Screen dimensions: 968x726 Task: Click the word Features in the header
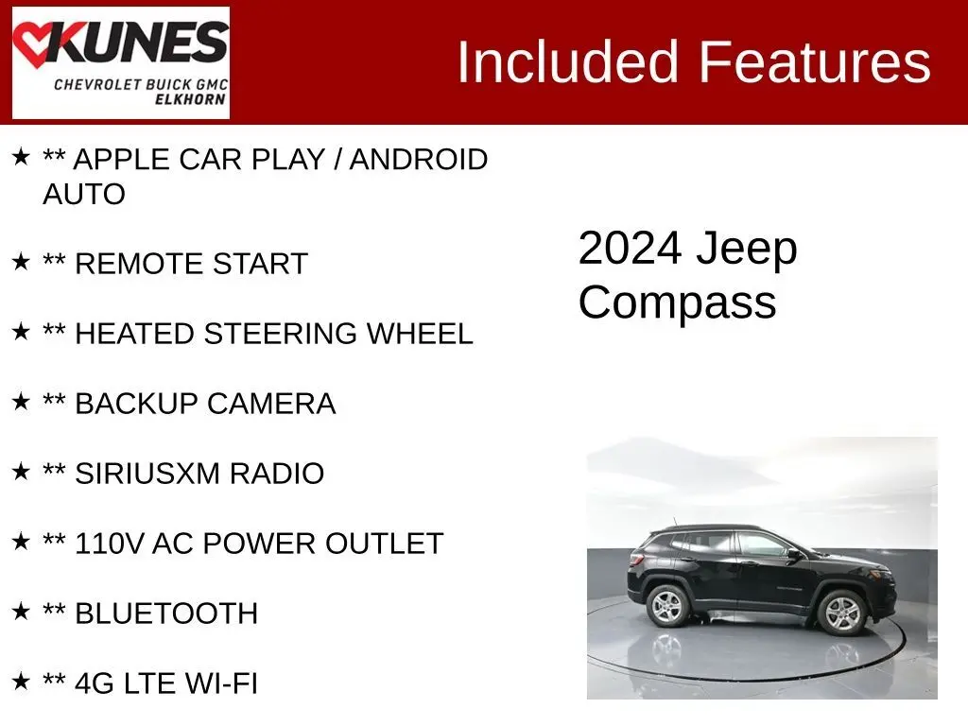pyautogui.click(x=814, y=61)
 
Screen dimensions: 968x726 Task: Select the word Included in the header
pyautogui.click(x=568, y=61)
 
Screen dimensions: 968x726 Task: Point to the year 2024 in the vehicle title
pyautogui.click(x=631, y=249)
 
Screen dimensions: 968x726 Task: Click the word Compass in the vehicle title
pyautogui.click(x=677, y=302)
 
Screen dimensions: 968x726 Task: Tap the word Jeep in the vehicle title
pyautogui.click(x=747, y=250)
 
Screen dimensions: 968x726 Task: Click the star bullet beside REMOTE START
pyautogui.click(x=21, y=261)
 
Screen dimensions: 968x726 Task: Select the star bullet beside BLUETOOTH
pyautogui.click(x=21, y=612)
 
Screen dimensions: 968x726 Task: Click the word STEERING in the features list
pyautogui.click(x=280, y=334)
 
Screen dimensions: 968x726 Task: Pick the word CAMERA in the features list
pyautogui.click(x=271, y=404)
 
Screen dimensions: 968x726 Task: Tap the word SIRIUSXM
pyautogui.click(x=147, y=474)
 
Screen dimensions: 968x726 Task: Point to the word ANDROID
pyautogui.click(x=419, y=159)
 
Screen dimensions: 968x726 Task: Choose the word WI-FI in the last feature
pyautogui.click(x=221, y=683)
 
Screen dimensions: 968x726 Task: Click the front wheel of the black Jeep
pyautogui.click(x=842, y=613)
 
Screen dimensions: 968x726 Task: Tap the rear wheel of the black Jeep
pyautogui.click(x=667, y=606)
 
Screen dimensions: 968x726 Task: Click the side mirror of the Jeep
pyautogui.click(x=794, y=554)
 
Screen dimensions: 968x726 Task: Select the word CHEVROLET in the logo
pyautogui.click(x=97, y=84)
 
